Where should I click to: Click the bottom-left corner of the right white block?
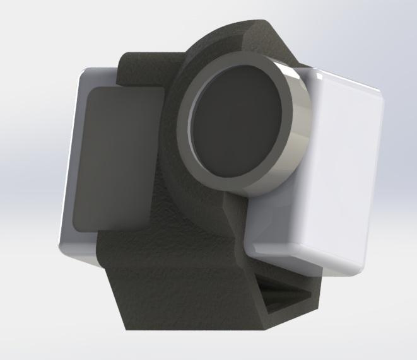pyautogui.click(x=249, y=249)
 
